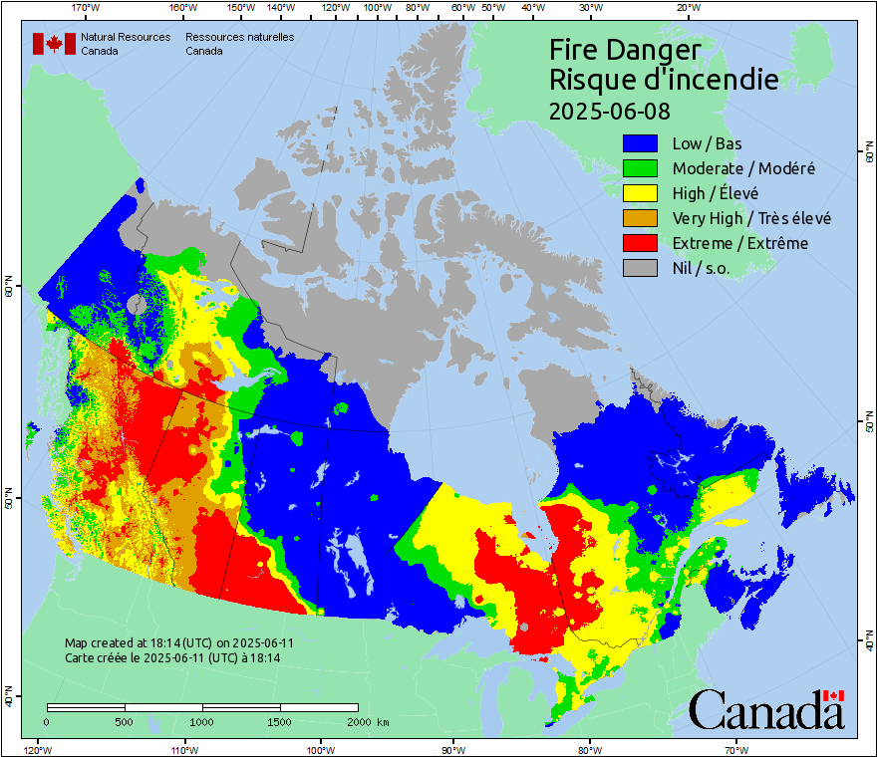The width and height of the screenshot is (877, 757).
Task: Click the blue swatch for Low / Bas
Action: coord(640,143)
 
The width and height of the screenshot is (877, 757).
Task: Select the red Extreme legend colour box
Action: coord(640,243)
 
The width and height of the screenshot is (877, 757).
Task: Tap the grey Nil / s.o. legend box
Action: coord(640,268)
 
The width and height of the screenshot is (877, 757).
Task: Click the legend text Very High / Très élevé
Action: coord(751,218)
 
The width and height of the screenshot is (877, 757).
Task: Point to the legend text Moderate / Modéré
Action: coord(743,168)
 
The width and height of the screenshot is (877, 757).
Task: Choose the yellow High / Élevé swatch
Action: coord(640,193)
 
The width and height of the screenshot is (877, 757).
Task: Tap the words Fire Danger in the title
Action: coord(625,50)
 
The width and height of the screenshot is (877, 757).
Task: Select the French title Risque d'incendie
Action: coord(664,80)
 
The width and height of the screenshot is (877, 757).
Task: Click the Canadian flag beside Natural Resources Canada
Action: coord(54,44)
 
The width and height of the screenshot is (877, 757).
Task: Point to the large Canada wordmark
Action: coord(765,710)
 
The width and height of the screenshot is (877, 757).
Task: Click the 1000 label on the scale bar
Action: coord(202,721)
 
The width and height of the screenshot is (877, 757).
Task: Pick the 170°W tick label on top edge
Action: coord(87,8)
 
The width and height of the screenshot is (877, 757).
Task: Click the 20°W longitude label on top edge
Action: coord(687,8)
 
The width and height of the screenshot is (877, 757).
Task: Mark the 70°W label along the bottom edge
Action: coord(736,749)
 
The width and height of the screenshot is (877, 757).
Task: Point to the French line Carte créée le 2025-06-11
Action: coord(172,658)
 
